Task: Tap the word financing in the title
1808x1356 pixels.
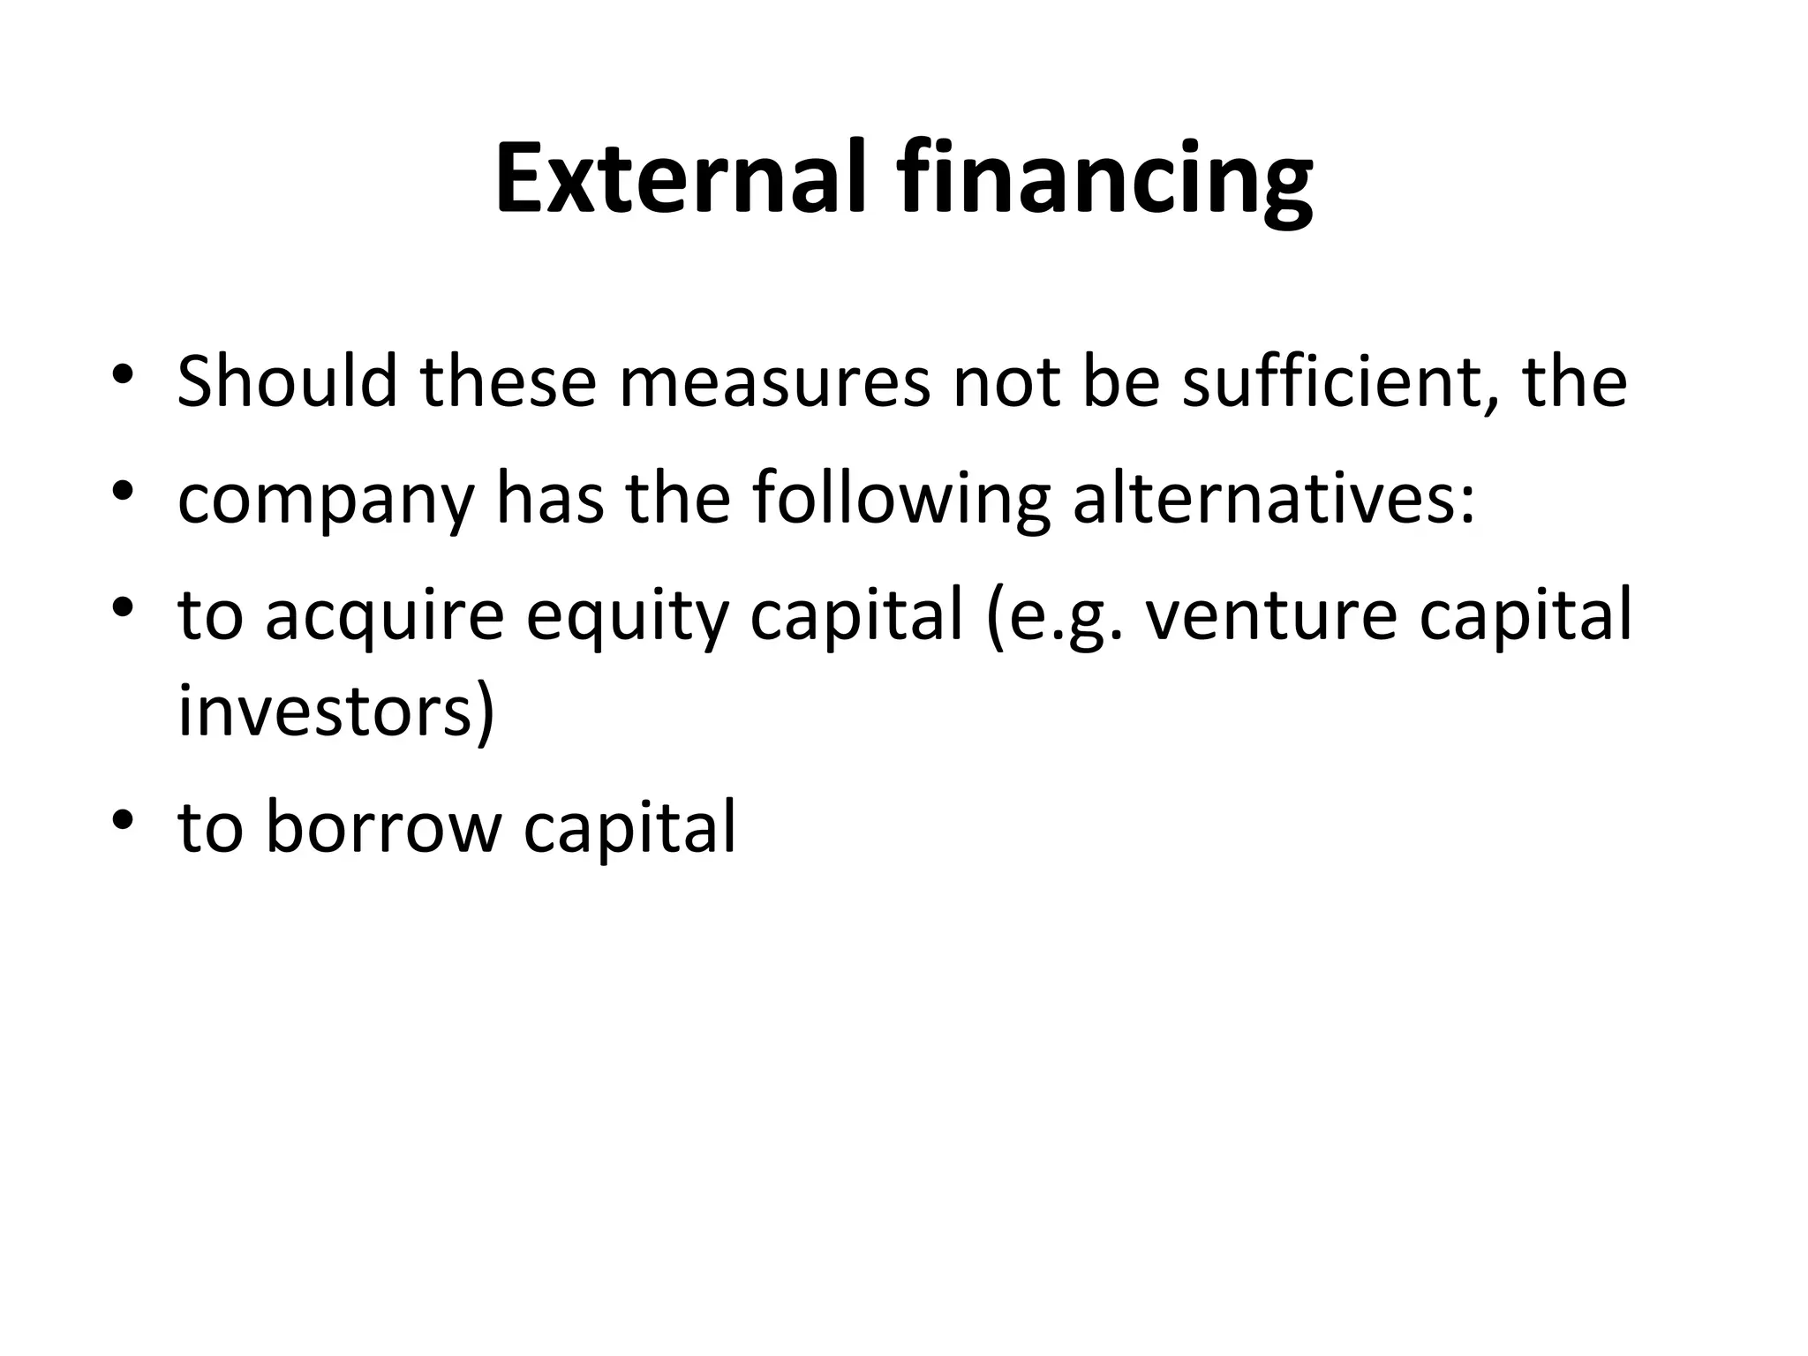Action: [x=1105, y=184]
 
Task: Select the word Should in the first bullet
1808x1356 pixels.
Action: [x=287, y=381]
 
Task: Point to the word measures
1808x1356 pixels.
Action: [x=774, y=383]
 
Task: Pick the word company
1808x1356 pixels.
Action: [x=326, y=501]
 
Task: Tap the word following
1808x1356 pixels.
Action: [x=900, y=501]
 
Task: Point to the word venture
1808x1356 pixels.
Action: [x=1271, y=616]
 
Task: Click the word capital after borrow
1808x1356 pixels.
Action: [x=629, y=829]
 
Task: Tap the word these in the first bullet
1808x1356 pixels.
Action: [x=508, y=381]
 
